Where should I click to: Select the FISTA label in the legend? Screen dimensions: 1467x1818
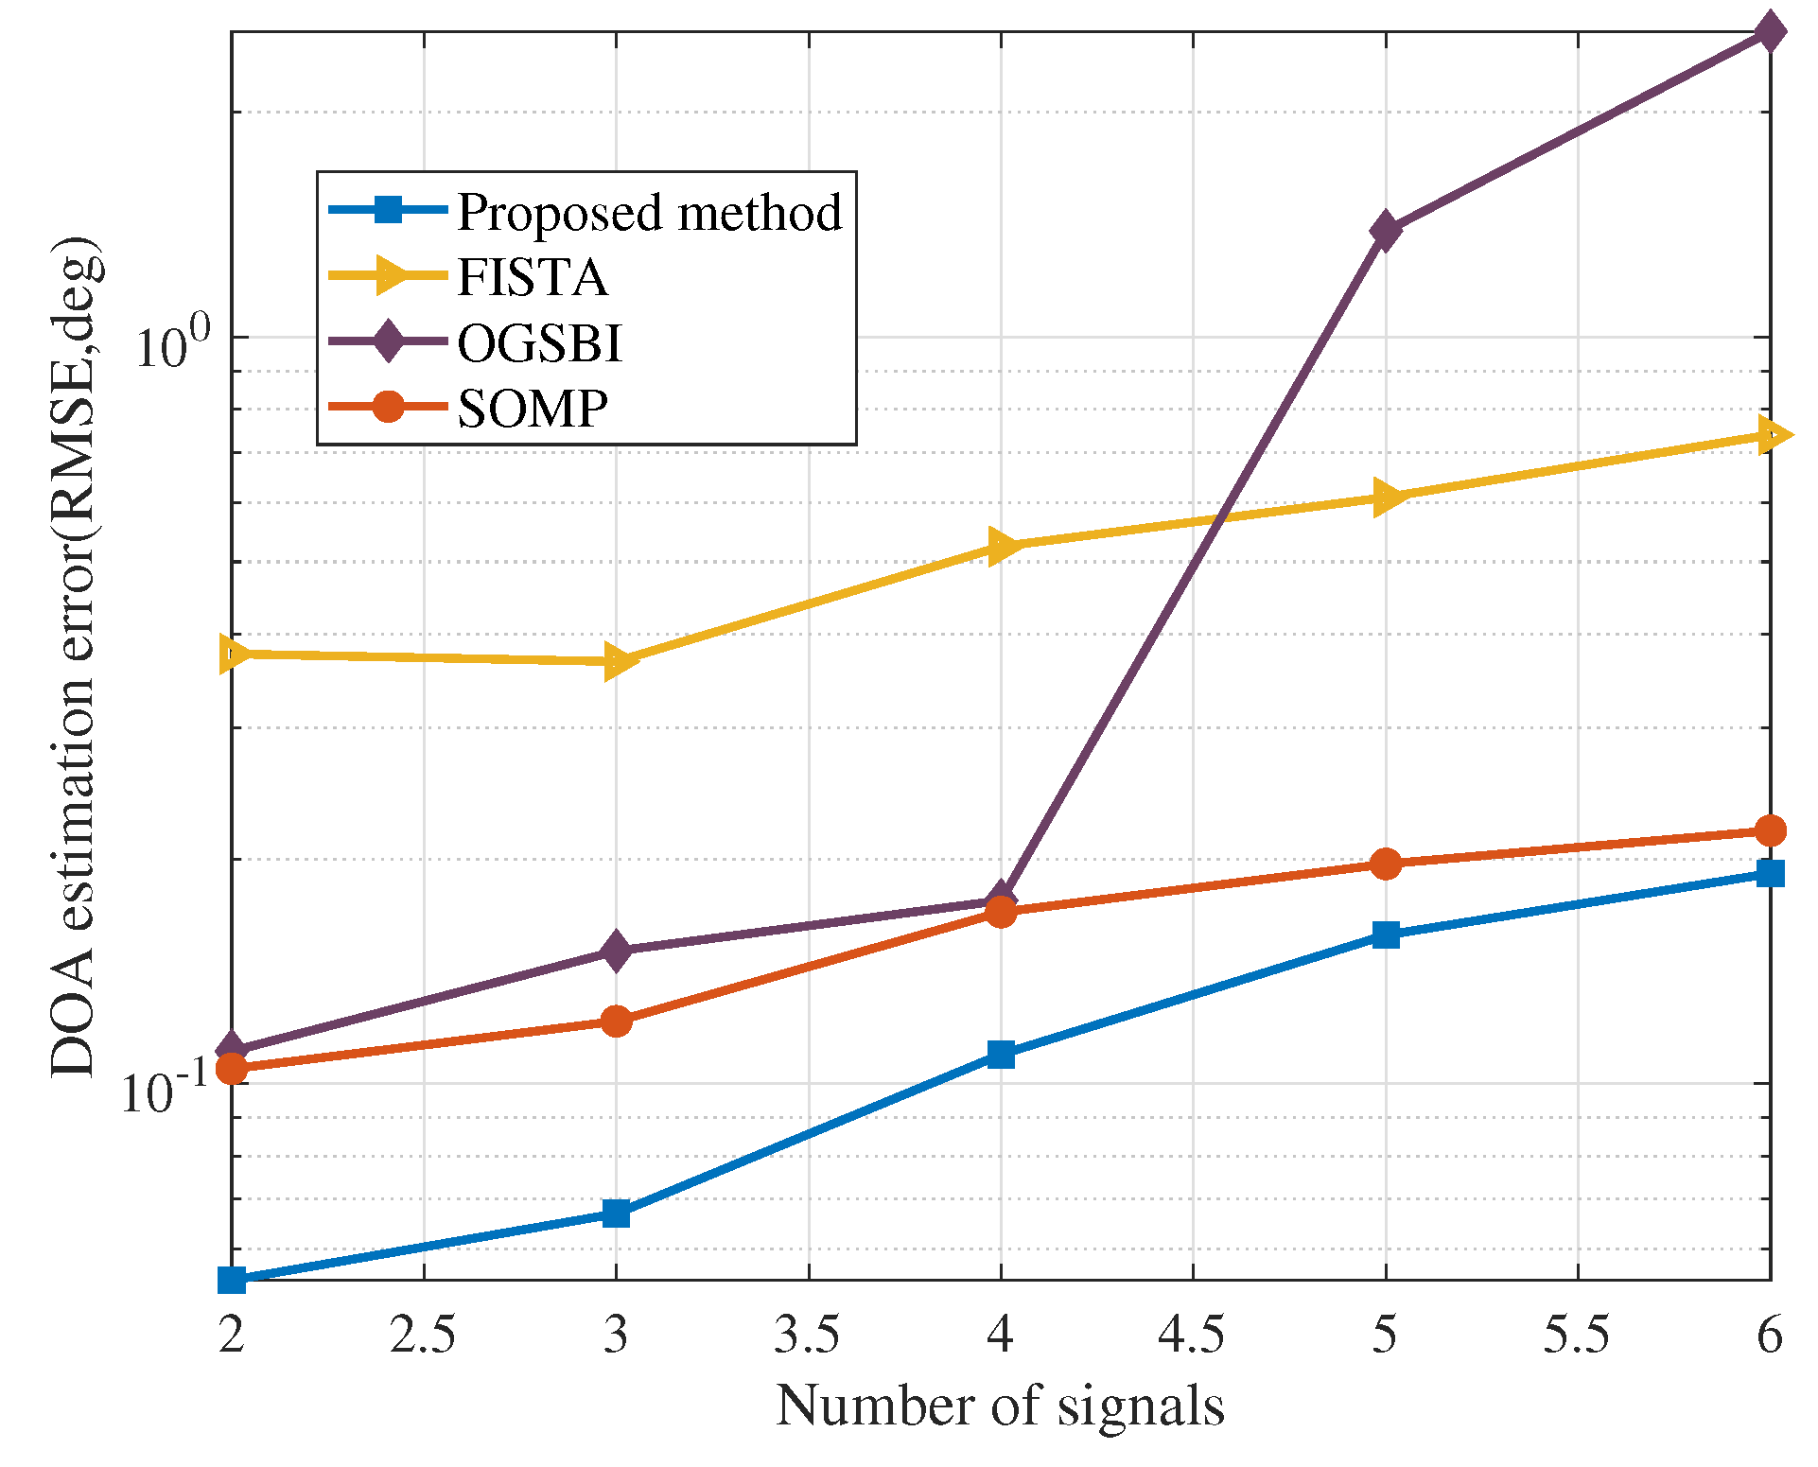(532, 277)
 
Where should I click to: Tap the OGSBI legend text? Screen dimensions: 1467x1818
(540, 342)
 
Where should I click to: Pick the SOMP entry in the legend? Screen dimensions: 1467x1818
(533, 408)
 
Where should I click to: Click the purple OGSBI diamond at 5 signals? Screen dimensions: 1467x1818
(1385, 230)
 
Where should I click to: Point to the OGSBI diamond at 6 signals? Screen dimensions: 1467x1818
(1770, 32)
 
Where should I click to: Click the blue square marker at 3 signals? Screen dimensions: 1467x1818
(616, 1213)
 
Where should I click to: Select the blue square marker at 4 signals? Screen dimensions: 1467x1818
(1001, 1054)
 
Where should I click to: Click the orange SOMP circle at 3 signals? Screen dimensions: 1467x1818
(616, 1021)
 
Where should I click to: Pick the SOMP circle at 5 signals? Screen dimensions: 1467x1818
(1385, 863)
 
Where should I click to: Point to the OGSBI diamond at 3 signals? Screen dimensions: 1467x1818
(616, 950)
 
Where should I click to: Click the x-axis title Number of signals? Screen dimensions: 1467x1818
(1000, 1405)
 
